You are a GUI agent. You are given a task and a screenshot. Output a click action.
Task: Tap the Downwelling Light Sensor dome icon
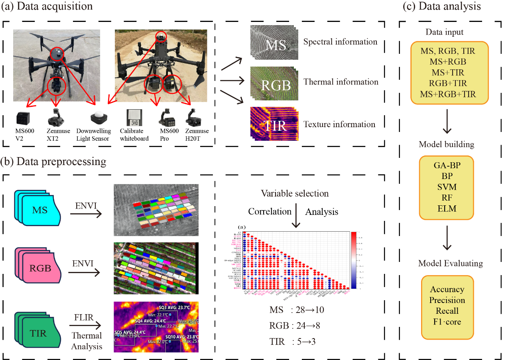[98, 118]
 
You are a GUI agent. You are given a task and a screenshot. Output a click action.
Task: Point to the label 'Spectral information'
[340, 41]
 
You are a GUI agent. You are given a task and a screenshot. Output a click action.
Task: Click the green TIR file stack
[37, 323]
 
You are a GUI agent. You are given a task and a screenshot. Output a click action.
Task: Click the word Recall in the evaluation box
[447, 311]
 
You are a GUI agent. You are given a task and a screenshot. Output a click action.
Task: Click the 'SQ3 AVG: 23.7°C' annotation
[177, 308]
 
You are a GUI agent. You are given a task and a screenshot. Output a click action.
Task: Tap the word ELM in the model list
[446, 209]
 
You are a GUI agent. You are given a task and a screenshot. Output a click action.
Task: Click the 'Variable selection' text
[295, 194]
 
